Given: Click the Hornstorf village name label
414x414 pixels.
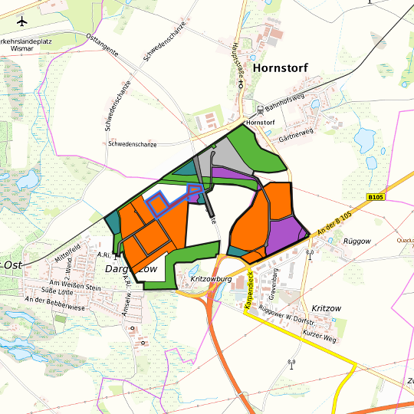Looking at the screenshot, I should pyautogui.click(x=280, y=68).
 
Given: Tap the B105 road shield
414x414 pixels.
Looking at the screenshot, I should pyautogui.click(x=375, y=197).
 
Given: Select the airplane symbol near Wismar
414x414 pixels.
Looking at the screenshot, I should pyautogui.click(x=21, y=21).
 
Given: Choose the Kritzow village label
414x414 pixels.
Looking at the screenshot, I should pyautogui.click(x=327, y=307).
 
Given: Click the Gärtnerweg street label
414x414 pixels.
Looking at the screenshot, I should pyautogui.click(x=299, y=132).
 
